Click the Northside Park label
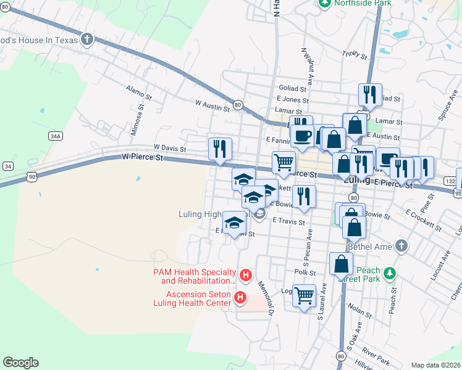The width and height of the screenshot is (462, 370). pos(363,3)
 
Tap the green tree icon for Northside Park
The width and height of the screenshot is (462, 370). pos(325,3)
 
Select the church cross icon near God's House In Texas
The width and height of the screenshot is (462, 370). pos(87,39)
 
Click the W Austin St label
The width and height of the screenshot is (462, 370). pos(212,106)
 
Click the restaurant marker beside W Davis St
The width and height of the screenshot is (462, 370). pos(220,149)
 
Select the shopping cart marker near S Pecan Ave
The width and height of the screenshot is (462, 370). pos(304,295)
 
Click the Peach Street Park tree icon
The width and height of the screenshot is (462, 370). pos(389,273)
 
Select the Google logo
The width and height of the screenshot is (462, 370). pos(21,363)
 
